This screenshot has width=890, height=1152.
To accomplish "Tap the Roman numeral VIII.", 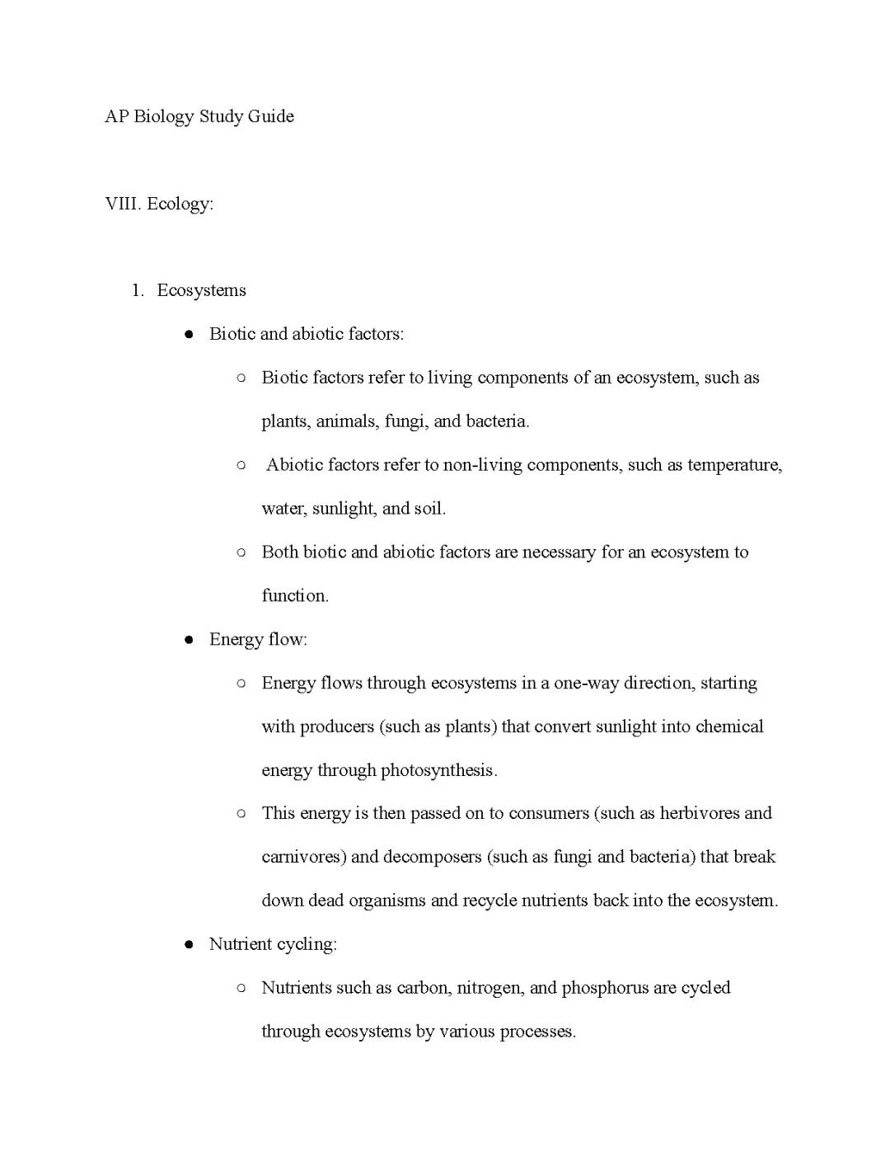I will point(122,204).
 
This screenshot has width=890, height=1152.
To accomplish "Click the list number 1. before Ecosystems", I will point(138,290).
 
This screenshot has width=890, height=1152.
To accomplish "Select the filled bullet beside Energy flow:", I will point(189,640).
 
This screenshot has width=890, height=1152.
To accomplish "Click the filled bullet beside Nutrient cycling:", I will point(189,945).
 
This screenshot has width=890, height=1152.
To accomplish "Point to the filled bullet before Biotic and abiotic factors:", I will point(189,335).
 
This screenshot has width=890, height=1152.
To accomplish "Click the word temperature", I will point(733,465).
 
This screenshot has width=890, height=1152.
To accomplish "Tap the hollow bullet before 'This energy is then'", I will point(241,813).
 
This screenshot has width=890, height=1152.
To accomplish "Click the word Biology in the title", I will point(163,116).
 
